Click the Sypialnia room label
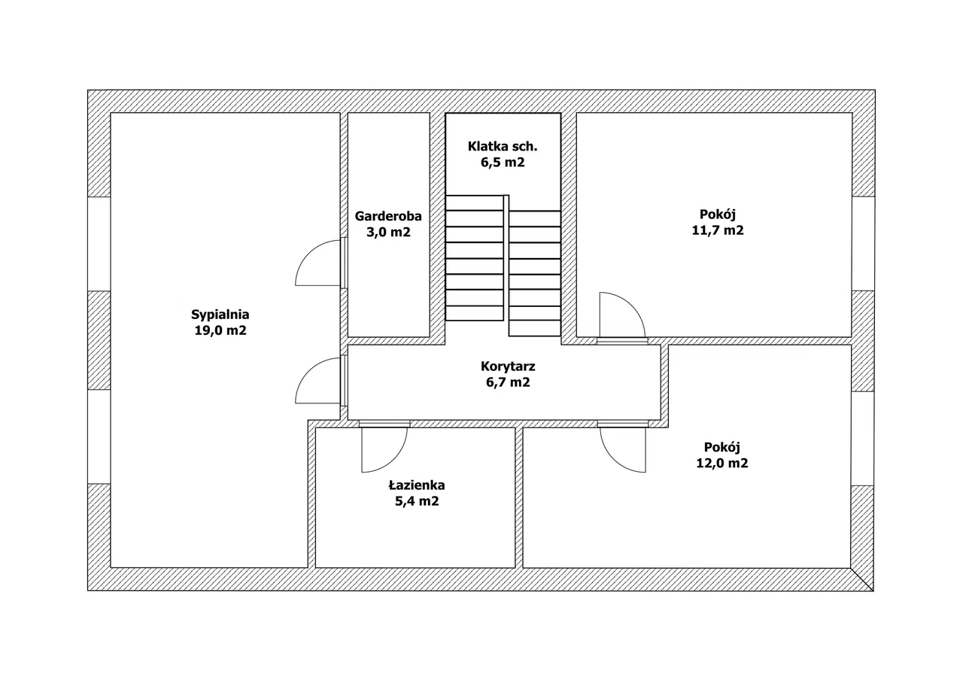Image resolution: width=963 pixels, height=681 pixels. (220, 315)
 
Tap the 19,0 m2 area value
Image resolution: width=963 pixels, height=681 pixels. (220, 330)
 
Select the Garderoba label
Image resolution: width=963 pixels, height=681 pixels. (388, 216)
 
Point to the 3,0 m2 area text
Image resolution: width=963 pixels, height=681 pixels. (388, 232)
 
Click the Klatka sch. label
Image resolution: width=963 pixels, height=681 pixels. (503, 146)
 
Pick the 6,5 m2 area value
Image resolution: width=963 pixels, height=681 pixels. (503, 162)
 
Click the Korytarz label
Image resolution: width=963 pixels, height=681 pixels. (508, 366)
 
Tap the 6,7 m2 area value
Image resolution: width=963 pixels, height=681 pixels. (508, 382)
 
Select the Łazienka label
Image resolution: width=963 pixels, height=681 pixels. (417, 485)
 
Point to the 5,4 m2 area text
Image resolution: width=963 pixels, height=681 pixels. (417, 501)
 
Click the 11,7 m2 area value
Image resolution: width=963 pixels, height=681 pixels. (718, 231)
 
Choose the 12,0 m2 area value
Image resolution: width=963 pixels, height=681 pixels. (722, 464)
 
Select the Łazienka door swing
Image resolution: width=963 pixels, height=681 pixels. (384, 449)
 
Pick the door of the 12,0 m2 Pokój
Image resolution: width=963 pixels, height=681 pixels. (623, 449)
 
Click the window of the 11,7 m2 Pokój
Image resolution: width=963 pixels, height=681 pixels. (863, 243)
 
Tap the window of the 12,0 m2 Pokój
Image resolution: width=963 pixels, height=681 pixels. (863, 438)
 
